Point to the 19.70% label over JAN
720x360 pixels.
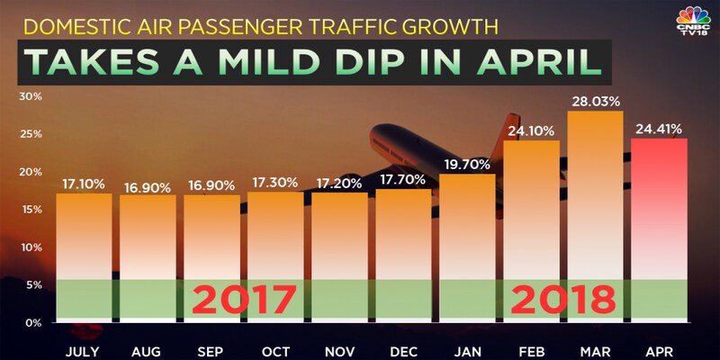coord(466,163)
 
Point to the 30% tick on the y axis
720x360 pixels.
coord(29,96)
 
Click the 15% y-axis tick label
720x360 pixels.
coord(29,209)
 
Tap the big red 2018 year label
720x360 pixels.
coord(563,298)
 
